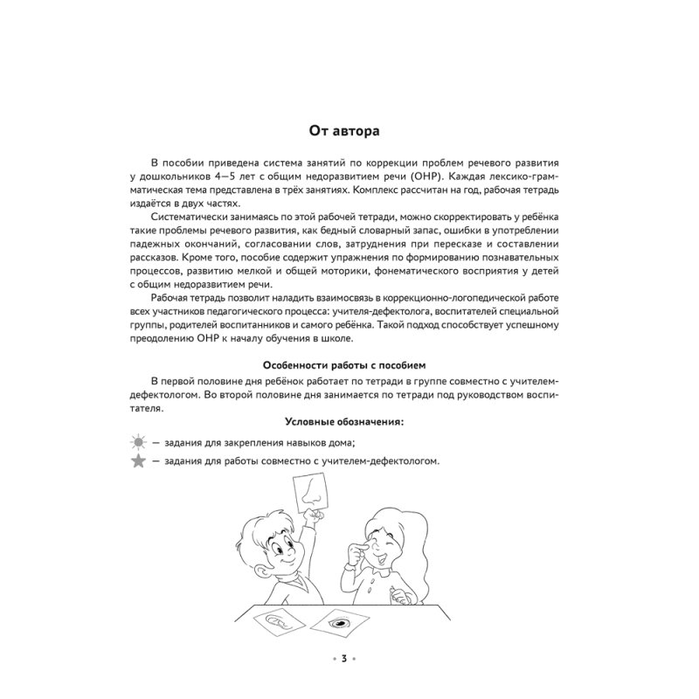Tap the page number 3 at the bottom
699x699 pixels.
(344, 658)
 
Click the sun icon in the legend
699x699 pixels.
(138, 442)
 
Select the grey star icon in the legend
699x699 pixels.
(138, 461)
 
